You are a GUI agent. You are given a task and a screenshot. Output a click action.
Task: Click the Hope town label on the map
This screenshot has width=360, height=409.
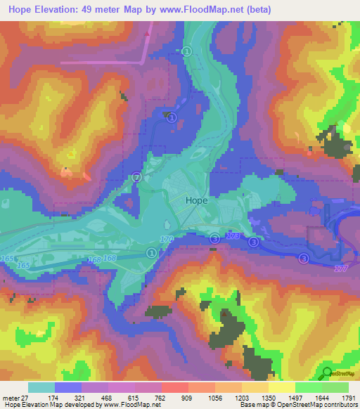click(195, 200)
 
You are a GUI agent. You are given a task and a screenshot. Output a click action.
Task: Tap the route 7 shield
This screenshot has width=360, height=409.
click(137, 178)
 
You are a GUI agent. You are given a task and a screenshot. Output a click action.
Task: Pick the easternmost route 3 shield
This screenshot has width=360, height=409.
click(303, 258)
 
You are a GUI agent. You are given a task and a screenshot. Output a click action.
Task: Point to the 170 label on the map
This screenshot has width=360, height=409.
click(167, 240)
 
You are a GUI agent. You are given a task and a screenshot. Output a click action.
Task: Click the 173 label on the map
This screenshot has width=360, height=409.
click(233, 235)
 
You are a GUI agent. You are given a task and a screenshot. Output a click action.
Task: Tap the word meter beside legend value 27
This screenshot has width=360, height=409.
click(11, 397)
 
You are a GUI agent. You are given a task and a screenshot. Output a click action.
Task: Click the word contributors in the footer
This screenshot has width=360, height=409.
click(338, 405)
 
